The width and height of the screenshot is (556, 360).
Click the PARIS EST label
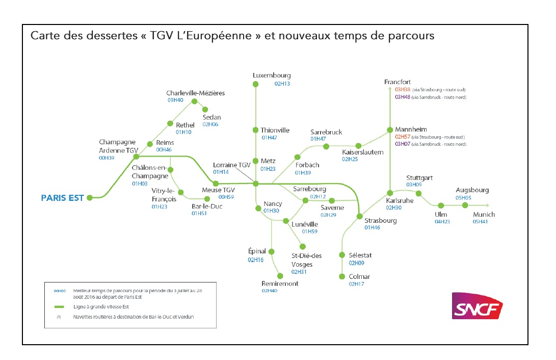coord(62,198)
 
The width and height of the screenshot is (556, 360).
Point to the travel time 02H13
coord(282,84)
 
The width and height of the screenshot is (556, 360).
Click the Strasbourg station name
coord(380,220)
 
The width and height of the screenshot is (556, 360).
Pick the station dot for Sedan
coord(205,109)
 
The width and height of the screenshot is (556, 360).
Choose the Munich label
coord(484,215)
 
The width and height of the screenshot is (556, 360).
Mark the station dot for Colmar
coord(342,276)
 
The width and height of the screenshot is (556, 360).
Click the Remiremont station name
coord(280,284)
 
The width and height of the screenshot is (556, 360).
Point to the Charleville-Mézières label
coord(195,93)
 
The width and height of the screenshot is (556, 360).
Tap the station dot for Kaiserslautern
coord(358,146)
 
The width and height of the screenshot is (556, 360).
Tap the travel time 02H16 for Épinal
coord(255,260)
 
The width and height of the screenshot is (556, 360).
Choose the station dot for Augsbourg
coord(465,205)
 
